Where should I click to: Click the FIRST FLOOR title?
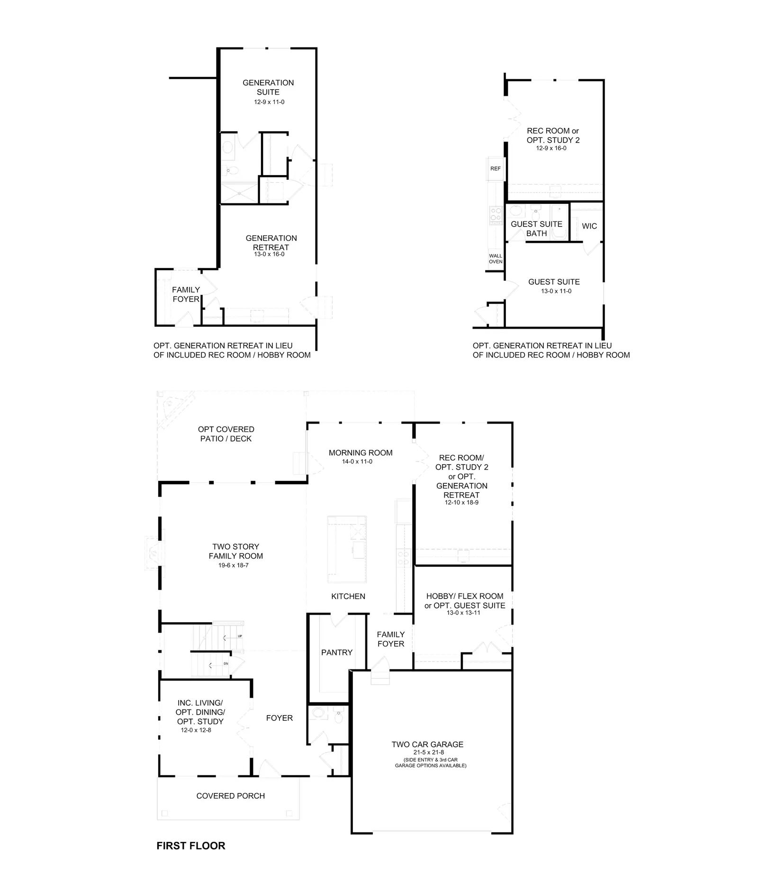pyautogui.click(x=191, y=846)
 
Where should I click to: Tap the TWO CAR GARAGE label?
pyautogui.click(x=427, y=744)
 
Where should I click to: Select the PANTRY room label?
pyautogui.click(x=337, y=652)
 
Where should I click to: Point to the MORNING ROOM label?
pyautogui.click(x=361, y=452)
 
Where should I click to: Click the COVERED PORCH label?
pyautogui.click(x=231, y=795)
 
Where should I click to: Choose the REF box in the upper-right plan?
pyautogui.click(x=496, y=168)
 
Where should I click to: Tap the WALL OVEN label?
pyautogui.click(x=496, y=258)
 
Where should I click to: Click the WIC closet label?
pyautogui.click(x=589, y=226)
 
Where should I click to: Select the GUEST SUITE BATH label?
pyautogui.click(x=536, y=229)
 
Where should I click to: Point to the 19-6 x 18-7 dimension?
pyautogui.click(x=234, y=565)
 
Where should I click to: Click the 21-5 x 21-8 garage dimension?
pyautogui.click(x=428, y=752)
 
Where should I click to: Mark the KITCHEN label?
pyautogui.click(x=348, y=596)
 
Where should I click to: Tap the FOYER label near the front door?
pyautogui.click(x=280, y=718)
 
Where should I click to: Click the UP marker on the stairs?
pyautogui.click(x=240, y=636)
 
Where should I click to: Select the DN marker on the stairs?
pyautogui.click(x=226, y=663)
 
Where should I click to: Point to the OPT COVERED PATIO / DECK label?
pyautogui.click(x=226, y=434)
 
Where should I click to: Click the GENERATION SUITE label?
pyautogui.click(x=268, y=87)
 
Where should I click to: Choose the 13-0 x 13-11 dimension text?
pyautogui.click(x=463, y=613)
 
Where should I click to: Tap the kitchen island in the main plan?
pyautogui.click(x=347, y=549)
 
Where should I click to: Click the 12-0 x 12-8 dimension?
pyautogui.click(x=196, y=730)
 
